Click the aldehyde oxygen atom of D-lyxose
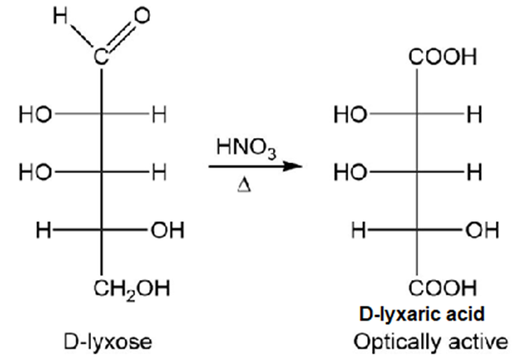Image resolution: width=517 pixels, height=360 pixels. [x=142, y=16]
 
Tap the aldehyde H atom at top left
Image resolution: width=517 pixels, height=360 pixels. [x=60, y=16]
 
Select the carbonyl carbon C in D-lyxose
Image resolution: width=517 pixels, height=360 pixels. [x=101, y=56]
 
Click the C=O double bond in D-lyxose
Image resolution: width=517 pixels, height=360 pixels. [x=122, y=36]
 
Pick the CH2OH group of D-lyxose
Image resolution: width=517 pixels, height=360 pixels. [x=132, y=289]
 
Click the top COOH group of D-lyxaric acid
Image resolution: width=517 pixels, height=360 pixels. [x=442, y=56]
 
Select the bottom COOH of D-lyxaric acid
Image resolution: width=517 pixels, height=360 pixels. [x=442, y=288]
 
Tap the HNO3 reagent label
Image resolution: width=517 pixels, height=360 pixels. [x=246, y=148]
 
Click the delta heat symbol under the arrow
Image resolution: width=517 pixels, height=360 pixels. [x=244, y=186]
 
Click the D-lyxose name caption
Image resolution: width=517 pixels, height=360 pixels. [x=107, y=342]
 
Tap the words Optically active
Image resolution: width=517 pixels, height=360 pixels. [x=431, y=342]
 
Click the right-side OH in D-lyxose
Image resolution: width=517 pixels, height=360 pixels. [x=168, y=230]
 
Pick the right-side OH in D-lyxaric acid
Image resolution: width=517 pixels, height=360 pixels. [x=482, y=230]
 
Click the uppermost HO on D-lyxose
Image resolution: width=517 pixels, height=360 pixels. [x=35, y=115]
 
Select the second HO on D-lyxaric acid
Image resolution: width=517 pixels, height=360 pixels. [x=351, y=173]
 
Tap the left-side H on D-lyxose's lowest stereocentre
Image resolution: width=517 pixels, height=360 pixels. [x=43, y=230]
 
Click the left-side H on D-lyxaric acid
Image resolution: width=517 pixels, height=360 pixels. [x=359, y=230]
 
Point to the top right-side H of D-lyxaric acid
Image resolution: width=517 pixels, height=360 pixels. [x=475, y=115]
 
